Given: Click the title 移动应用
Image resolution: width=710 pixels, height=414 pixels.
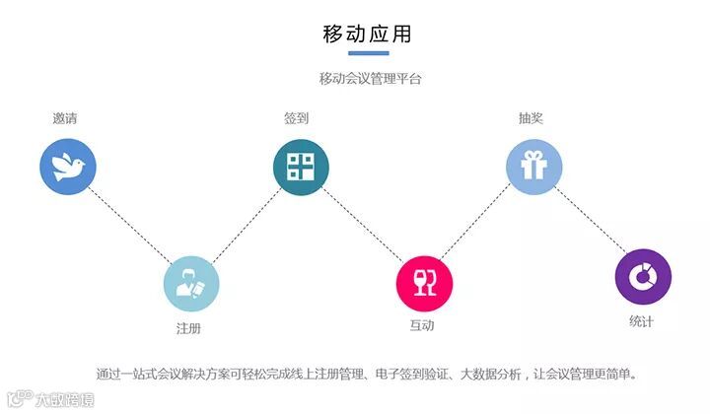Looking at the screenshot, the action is coord(367,33).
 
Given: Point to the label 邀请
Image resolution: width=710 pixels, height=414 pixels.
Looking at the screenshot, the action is coord(65,118).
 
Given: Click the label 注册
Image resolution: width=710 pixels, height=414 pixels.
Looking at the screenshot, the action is coord(188,327).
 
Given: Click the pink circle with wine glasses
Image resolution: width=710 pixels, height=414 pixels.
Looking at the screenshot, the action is coord(424,284).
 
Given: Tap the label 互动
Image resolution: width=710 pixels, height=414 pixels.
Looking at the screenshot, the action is coord(422,325).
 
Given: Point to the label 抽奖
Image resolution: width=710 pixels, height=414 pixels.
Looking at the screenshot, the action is coord(531,118).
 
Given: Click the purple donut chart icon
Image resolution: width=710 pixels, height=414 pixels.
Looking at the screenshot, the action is coord(642,276).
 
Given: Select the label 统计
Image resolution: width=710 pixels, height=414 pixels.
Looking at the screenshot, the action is coord(641,321).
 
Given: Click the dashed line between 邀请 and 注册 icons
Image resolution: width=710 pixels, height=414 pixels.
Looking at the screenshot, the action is coord(130,226).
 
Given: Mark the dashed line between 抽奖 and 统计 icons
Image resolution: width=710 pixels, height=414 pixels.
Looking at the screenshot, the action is coord(589,222).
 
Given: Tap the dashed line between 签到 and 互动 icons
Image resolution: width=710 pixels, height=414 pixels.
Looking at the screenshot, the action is coord(362,225).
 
